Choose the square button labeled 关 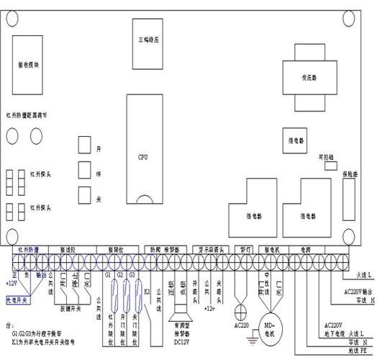click(x=84, y=194)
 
